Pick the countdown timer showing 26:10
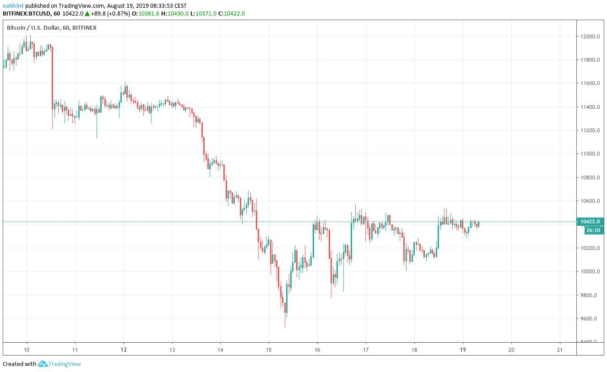593,230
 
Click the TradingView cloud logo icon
43,364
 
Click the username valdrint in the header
13,6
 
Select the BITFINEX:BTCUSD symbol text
26,14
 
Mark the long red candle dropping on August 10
52,78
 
